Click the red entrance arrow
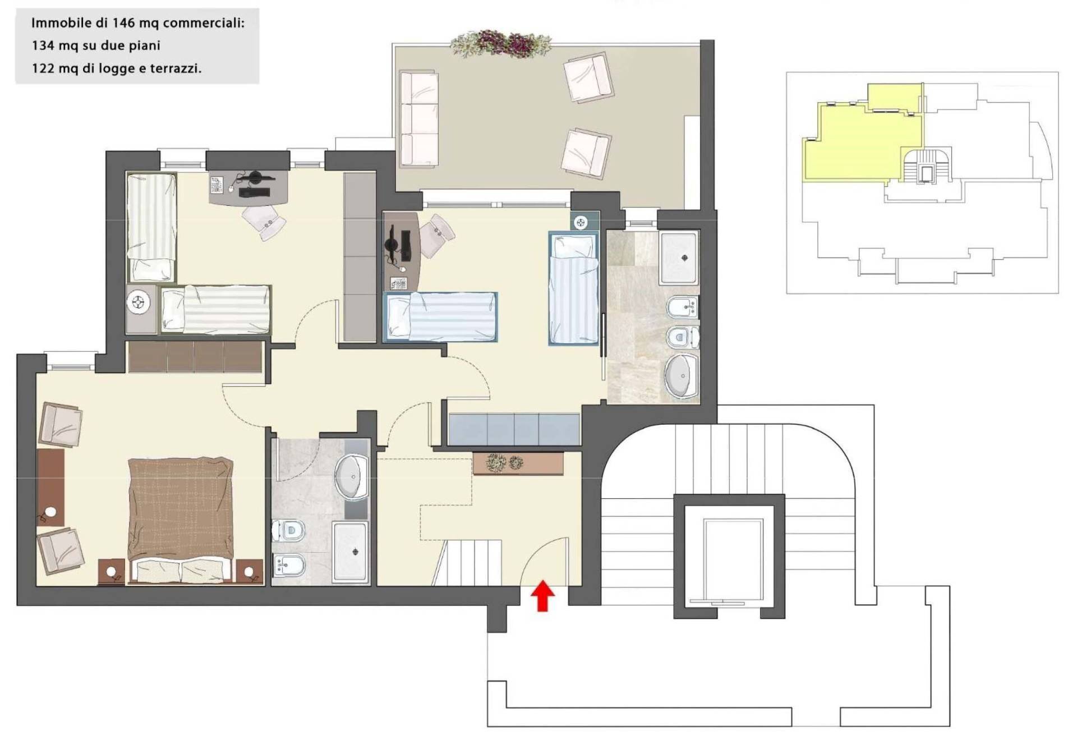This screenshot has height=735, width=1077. pos(542,596)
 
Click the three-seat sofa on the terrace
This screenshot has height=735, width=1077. pos(418,118)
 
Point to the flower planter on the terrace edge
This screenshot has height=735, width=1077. pos(501,44)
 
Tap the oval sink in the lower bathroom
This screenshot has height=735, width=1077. pos(352,476)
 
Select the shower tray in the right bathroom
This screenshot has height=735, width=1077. pos(680,258)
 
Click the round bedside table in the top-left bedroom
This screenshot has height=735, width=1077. pos(139,304)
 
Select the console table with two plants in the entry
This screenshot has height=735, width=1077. pos(518,463)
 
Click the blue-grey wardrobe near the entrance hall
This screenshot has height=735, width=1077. pos(513,429)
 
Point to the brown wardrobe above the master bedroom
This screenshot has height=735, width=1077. pos(195,357)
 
